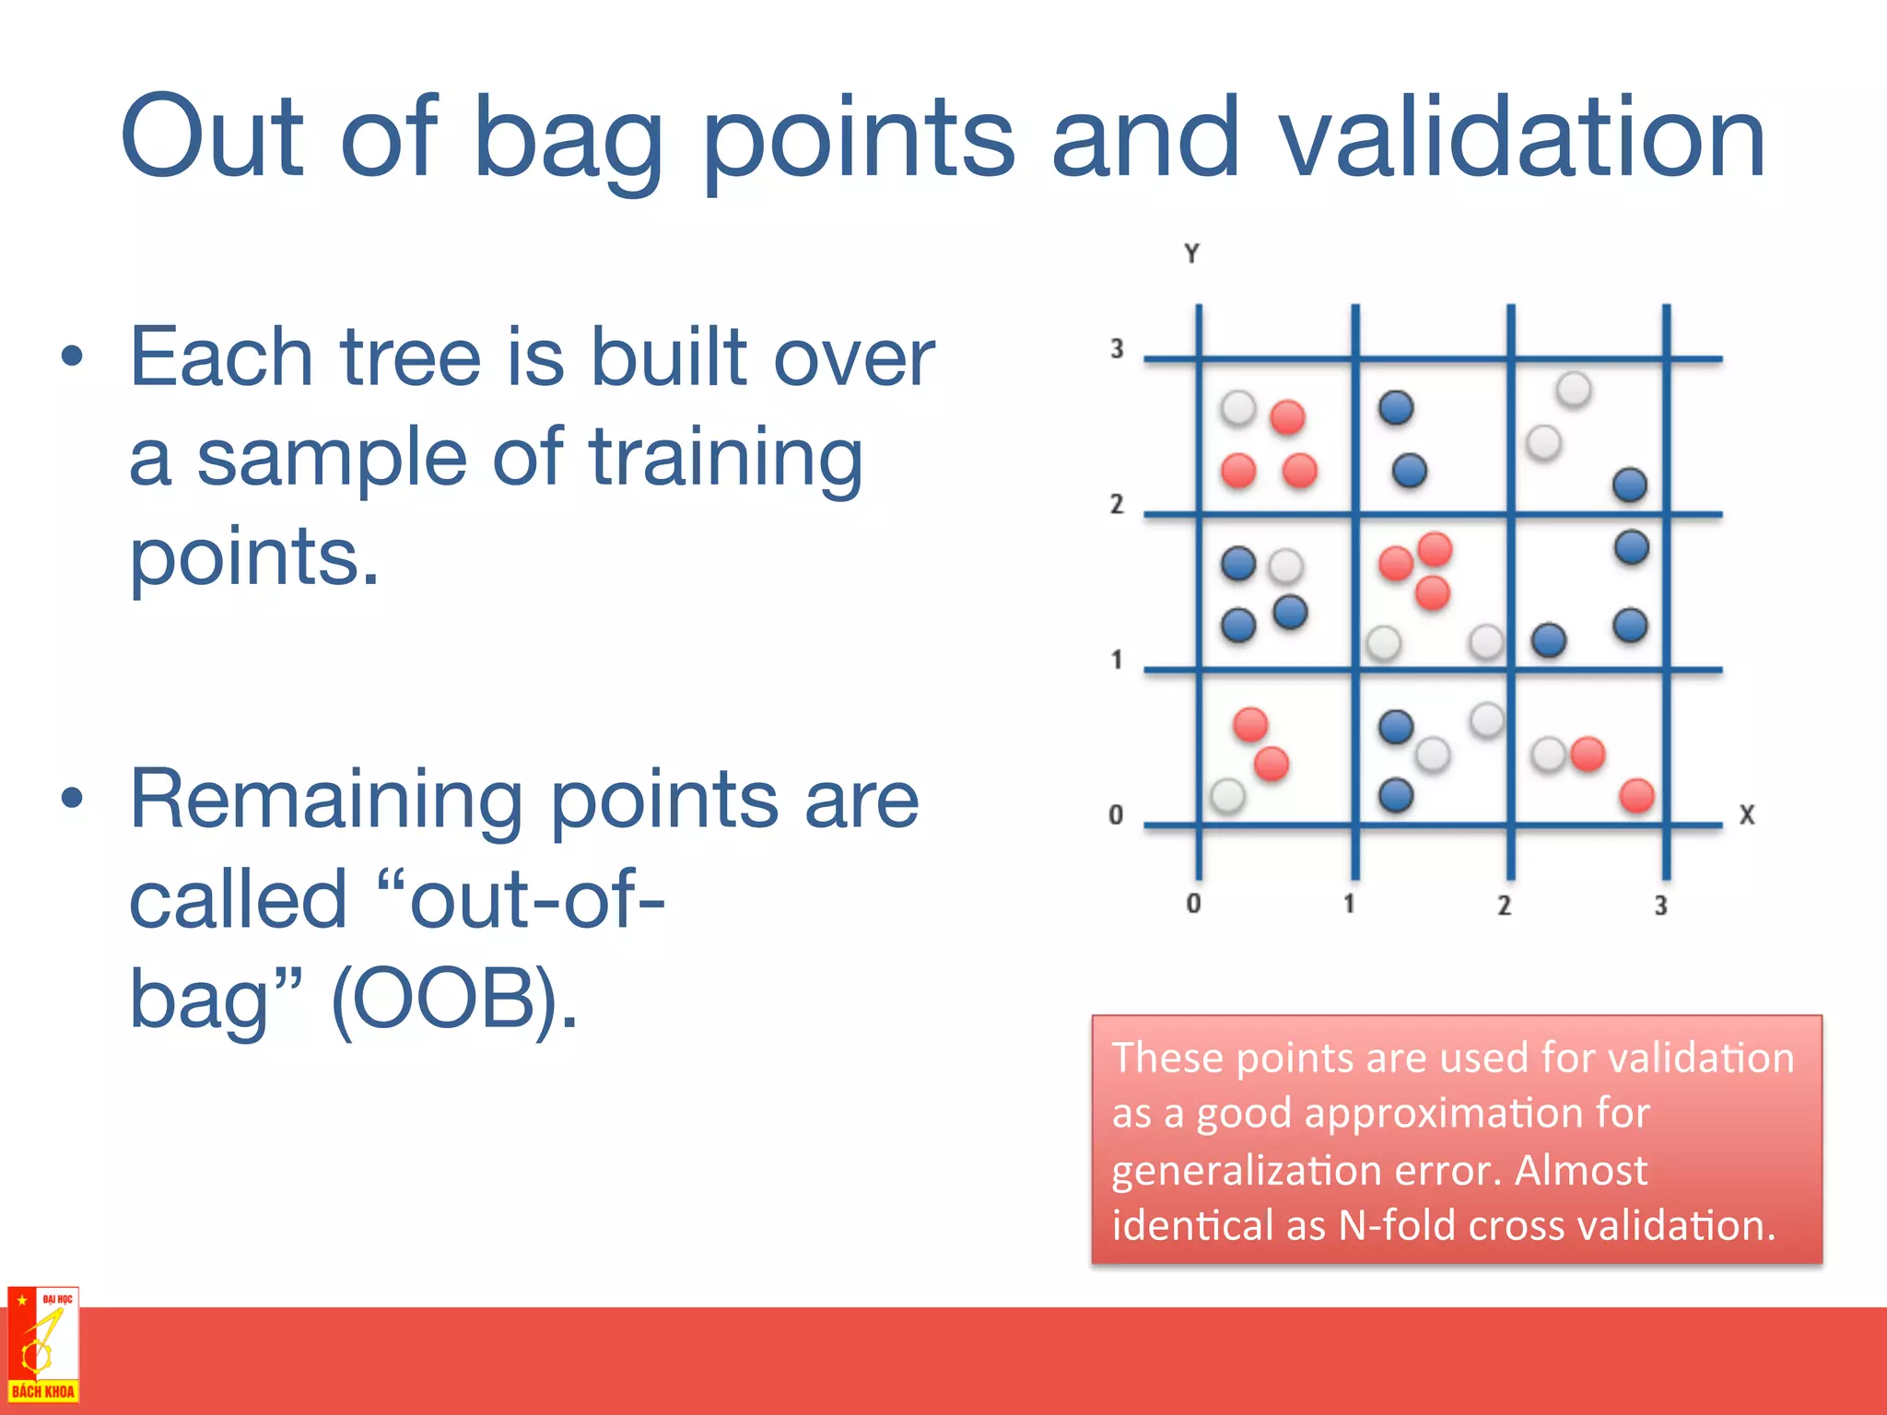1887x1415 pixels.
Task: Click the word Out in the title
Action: [211, 138]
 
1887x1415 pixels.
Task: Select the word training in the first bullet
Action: [726, 459]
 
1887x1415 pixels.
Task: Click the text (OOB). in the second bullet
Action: [453, 999]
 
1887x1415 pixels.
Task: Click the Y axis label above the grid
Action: [1191, 253]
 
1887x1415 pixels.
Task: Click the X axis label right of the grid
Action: [1746, 814]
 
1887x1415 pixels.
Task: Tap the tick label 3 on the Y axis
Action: [1117, 349]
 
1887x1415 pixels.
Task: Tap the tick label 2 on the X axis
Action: [1504, 906]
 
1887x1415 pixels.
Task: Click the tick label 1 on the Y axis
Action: [1117, 660]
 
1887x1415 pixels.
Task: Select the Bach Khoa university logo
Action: [42, 1345]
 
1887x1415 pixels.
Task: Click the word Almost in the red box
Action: [1580, 1170]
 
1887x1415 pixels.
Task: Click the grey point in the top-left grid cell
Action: [1238, 407]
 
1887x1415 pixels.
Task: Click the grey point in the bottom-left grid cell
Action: [1227, 794]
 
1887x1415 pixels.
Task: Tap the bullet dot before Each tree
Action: [72, 357]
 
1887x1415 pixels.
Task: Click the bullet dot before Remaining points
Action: [72, 800]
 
